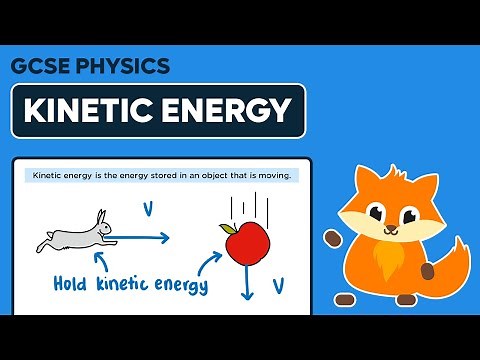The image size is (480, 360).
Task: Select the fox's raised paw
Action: pyautogui.click(x=333, y=237)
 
